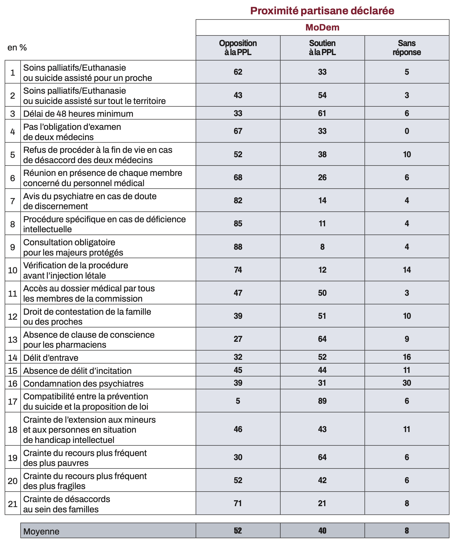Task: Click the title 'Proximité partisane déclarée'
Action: tap(322, 11)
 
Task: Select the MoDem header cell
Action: tap(322, 27)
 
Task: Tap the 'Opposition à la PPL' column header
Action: tap(238, 48)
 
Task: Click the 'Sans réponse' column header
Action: tap(407, 48)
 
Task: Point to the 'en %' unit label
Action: tap(17, 47)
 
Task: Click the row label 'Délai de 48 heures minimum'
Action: tap(78, 114)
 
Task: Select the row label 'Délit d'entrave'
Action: tap(51, 358)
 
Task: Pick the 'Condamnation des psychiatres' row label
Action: tap(83, 383)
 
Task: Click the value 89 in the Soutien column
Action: tap(322, 401)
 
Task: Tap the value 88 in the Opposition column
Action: tap(238, 247)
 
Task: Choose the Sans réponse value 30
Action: tap(407, 383)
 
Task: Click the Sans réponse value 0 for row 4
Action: tap(407, 131)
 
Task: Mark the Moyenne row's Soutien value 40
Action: tap(322, 531)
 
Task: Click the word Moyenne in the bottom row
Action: tap(41, 531)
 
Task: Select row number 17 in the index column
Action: tap(12, 402)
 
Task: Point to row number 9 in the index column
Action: tap(12, 247)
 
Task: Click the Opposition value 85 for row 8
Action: tap(238, 223)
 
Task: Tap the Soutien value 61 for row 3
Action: tap(322, 113)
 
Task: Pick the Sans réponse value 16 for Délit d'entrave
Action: tap(407, 357)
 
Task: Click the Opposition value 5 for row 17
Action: tap(238, 401)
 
